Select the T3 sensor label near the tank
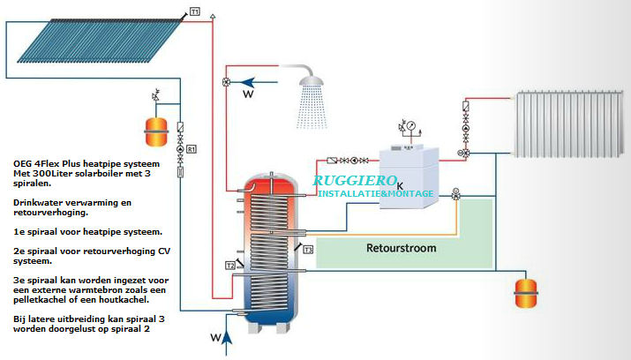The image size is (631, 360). point(308,251)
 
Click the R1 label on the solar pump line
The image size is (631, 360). point(191,149)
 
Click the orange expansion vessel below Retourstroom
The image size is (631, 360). point(526,290)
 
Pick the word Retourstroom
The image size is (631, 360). point(401,248)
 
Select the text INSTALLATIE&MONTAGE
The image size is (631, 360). point(375,193)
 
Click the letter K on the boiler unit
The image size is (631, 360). point(400,185)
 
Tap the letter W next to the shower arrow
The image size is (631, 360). point(248,93)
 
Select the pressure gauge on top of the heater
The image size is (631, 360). point(412,126)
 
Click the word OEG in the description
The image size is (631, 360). point(23,164)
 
